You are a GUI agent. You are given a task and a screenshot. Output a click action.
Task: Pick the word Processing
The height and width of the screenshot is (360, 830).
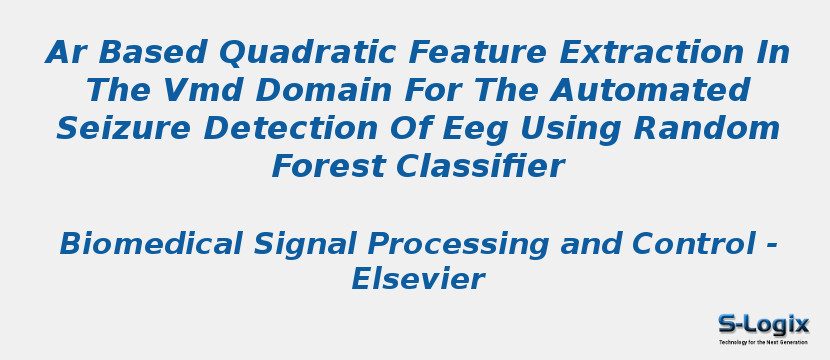coord(458,244)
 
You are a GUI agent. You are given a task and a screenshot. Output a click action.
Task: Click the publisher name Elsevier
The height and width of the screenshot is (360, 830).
coord(417,280)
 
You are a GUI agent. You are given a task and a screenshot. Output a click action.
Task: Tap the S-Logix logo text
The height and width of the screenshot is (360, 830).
coord(763,324)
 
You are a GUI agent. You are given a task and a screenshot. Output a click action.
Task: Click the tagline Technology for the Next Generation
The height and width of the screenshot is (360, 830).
coord(763,342)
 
